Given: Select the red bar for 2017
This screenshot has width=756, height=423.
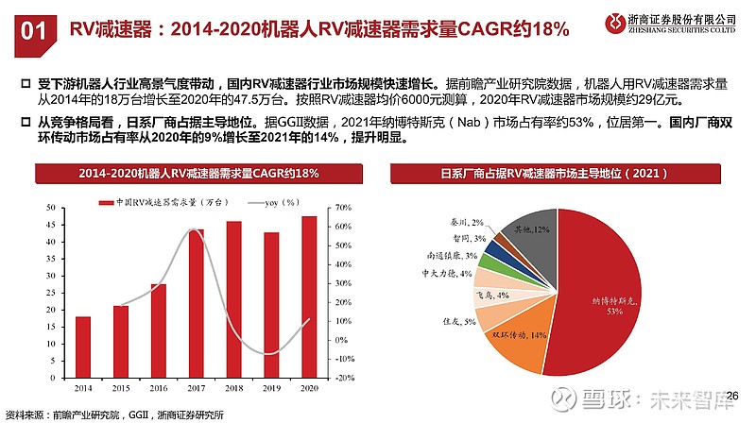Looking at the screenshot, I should coord(197,303).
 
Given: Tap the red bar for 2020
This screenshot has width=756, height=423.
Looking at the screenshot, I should coord(309,296).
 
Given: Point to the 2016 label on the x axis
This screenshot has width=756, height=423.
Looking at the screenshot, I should coord(158,387).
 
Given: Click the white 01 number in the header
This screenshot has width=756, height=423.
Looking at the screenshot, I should coord(33,29).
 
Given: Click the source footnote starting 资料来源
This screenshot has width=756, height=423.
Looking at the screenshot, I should coord(114,415).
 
